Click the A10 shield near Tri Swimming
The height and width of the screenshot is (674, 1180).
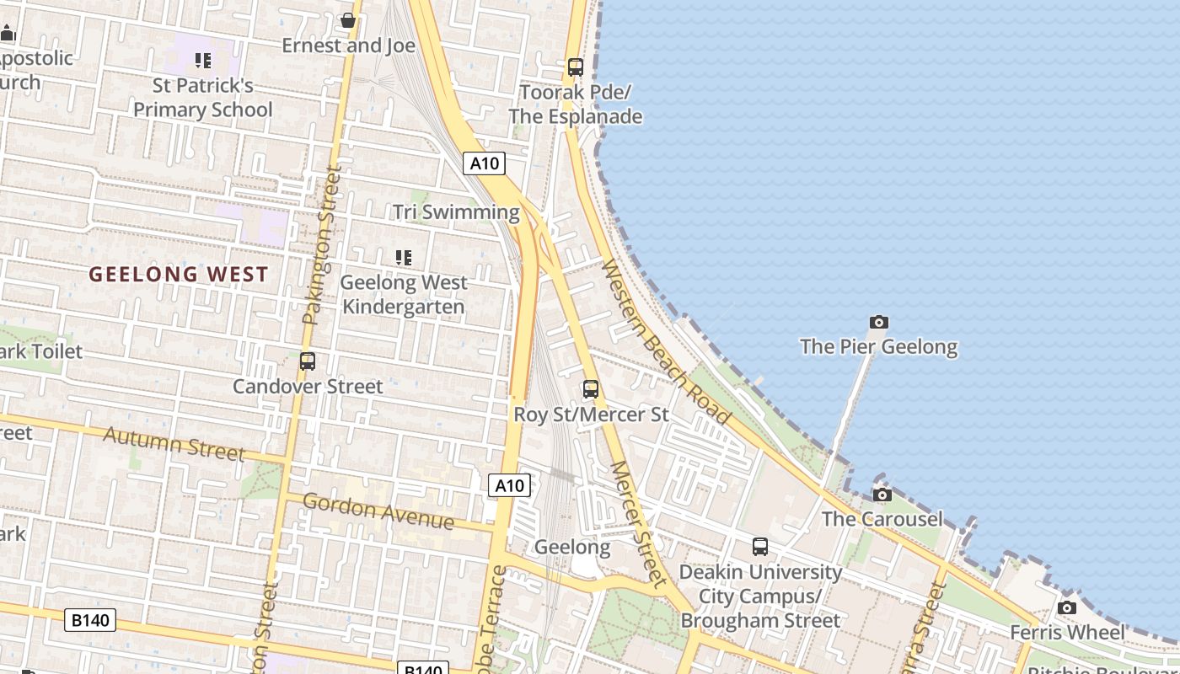point(484,163)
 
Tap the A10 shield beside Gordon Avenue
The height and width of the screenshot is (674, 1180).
point(509,485)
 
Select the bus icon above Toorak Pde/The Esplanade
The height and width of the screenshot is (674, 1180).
point(576,67)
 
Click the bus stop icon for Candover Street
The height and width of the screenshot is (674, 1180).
point(308,361)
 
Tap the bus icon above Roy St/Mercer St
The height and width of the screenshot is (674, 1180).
point(591,389)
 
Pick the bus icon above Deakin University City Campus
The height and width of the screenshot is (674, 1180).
point(760,547)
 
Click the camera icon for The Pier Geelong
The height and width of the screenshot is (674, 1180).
point(879,322)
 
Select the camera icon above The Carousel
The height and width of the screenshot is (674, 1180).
point(882,495)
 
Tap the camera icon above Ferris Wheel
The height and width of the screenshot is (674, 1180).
point(1067,607)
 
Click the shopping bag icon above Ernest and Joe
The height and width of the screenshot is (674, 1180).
point(347,20)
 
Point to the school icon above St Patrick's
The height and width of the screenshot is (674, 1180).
point(203,61)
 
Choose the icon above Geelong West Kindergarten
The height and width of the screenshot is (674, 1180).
point(404,258)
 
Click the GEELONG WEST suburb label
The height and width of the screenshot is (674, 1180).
point(179,274)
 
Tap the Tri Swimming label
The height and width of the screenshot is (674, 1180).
point(456,212)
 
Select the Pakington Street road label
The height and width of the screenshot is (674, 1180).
point(322,244)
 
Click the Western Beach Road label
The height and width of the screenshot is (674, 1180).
point(666,341)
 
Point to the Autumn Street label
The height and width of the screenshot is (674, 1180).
point(174,443)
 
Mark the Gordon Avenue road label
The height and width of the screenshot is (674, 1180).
point(378,511)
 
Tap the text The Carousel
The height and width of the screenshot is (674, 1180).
point(882,519)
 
